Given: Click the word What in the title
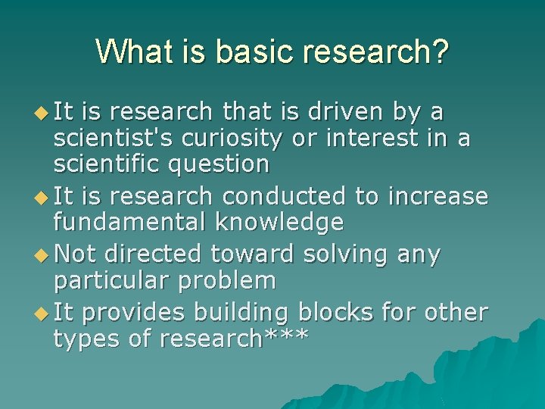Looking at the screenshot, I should [x=134, y=52].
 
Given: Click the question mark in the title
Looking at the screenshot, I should [x=440, y=52].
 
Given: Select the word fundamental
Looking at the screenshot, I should [x=130, y=222].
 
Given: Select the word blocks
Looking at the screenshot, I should [x=347, y=313].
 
